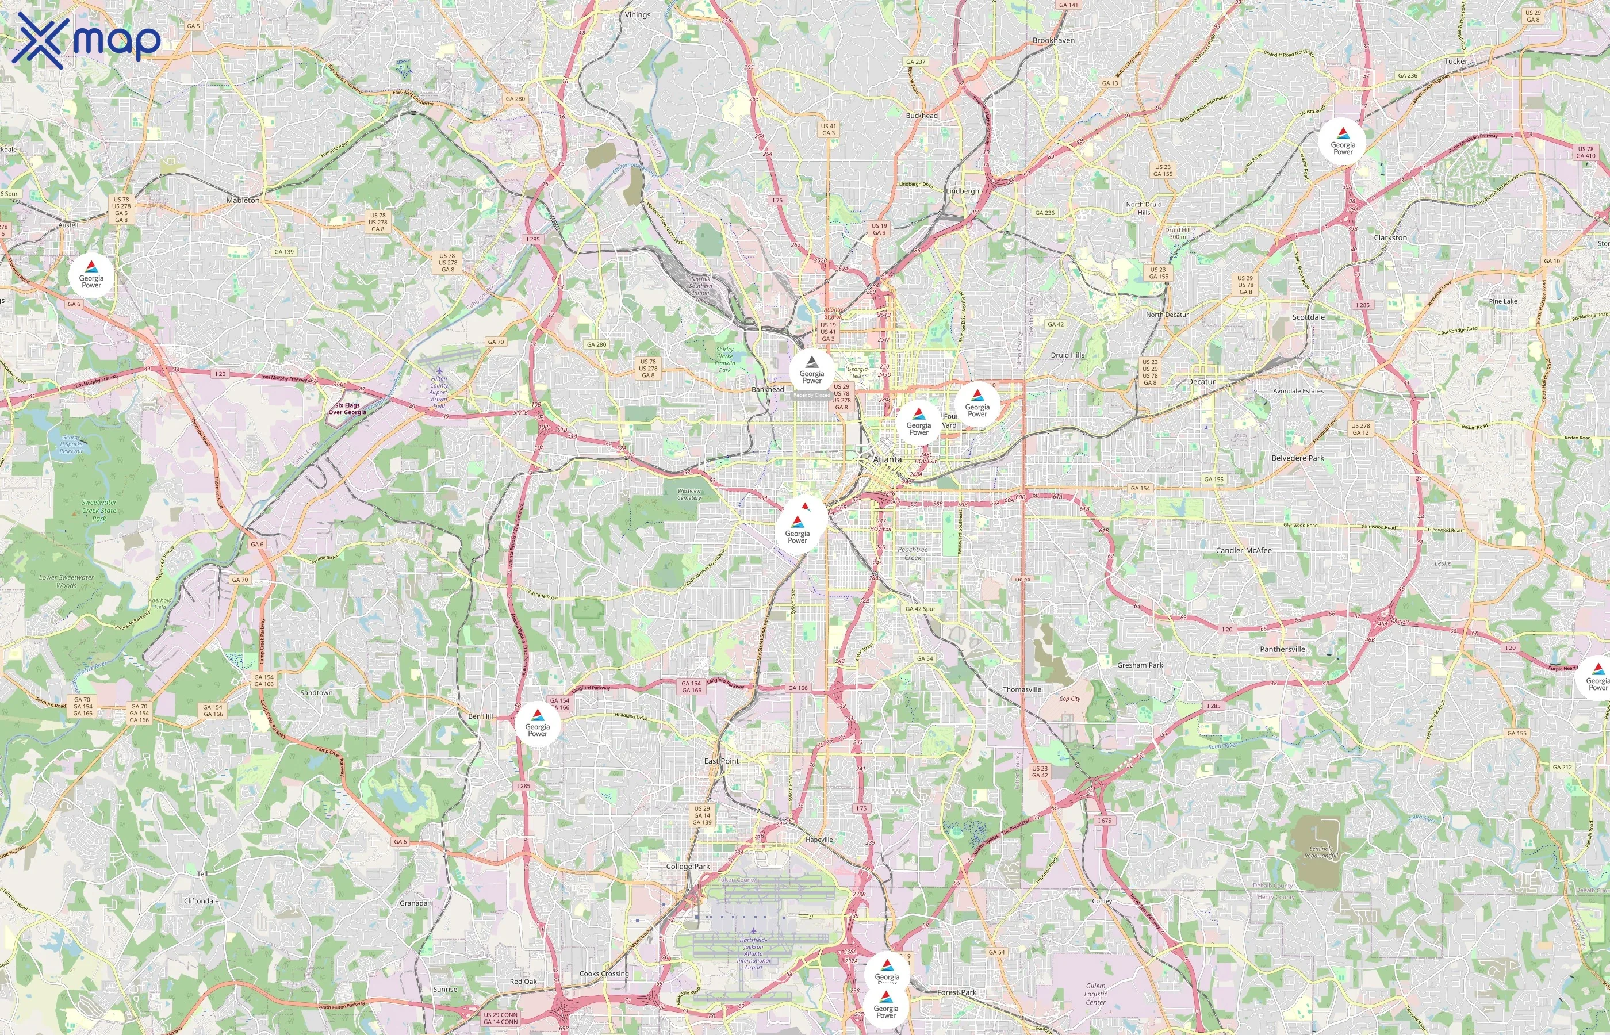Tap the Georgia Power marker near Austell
91,275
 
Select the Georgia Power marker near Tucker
1343,142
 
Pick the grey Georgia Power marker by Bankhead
812,371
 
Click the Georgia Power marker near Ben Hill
538,724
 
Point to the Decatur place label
1201,382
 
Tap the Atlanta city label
888,459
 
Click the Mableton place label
243,200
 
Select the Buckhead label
922,116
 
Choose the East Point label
721,761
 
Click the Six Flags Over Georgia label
347,409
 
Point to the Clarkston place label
1390,238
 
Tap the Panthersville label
1282,649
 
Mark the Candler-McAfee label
1244,550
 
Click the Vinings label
637,15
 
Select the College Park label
687,867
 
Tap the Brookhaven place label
1053,40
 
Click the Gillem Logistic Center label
1095,994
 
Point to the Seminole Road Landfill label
1320,852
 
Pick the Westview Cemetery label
689,494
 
